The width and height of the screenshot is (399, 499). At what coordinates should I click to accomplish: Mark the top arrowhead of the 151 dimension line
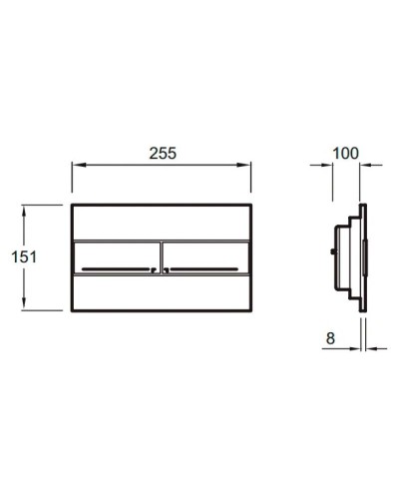24,208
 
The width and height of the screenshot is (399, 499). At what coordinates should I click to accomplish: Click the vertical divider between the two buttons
161,256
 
